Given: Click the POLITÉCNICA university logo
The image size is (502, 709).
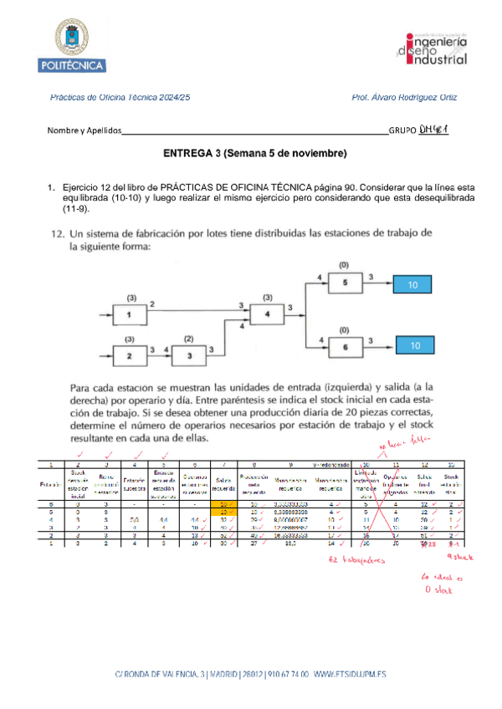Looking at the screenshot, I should pyautogui.click(x=77, y=45).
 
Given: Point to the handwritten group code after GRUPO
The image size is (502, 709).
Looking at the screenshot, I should pyautogui.click(x=435, y=129).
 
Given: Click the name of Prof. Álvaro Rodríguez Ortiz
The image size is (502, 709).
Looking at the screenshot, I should pyautogui.click(x=405, y=98).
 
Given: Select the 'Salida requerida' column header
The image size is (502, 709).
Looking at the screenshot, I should pyautogui.click(x=223, y=485).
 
